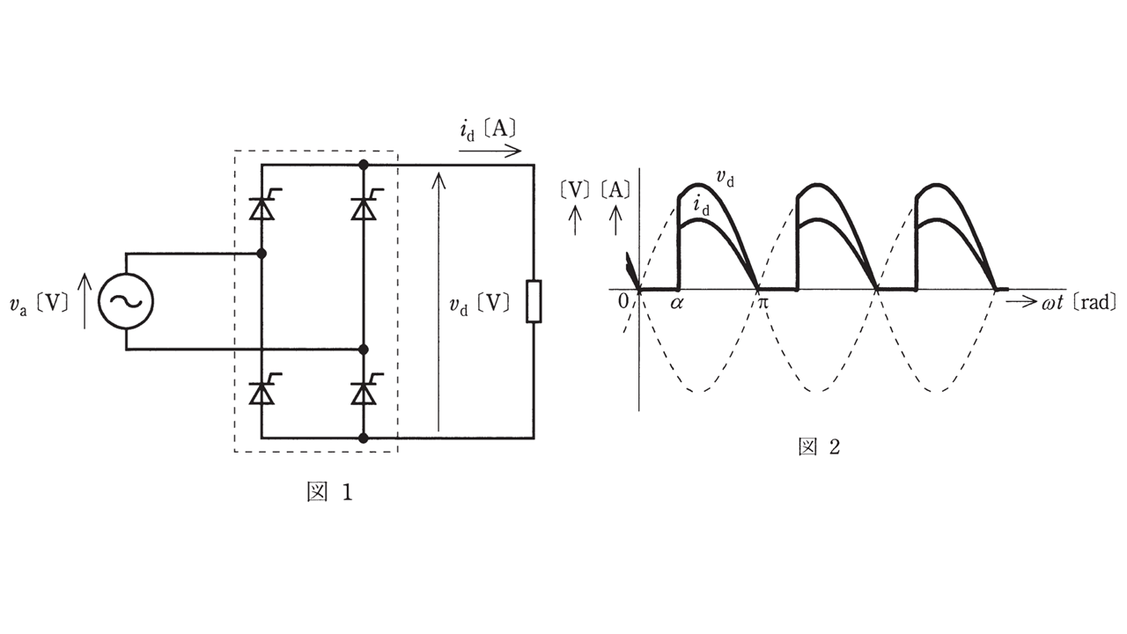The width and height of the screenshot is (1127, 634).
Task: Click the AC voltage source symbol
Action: coord(125,301)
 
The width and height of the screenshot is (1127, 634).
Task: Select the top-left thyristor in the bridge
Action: coord(261,208)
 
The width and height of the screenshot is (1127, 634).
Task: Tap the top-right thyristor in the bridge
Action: coord(363,208)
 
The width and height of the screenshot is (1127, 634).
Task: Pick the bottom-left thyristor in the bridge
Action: coord(261,393)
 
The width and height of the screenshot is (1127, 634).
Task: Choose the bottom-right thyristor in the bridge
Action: coord(363,393)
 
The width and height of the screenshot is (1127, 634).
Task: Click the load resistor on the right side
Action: coord(533,301)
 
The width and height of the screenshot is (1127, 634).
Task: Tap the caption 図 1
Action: coord(329,492)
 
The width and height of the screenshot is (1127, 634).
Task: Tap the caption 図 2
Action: coord(819,447)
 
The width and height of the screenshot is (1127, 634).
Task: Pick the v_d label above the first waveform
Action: coord(726,179)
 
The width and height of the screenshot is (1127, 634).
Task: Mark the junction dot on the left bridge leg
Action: coord(261,254)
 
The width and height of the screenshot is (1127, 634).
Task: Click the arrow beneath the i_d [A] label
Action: coord(490,151)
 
